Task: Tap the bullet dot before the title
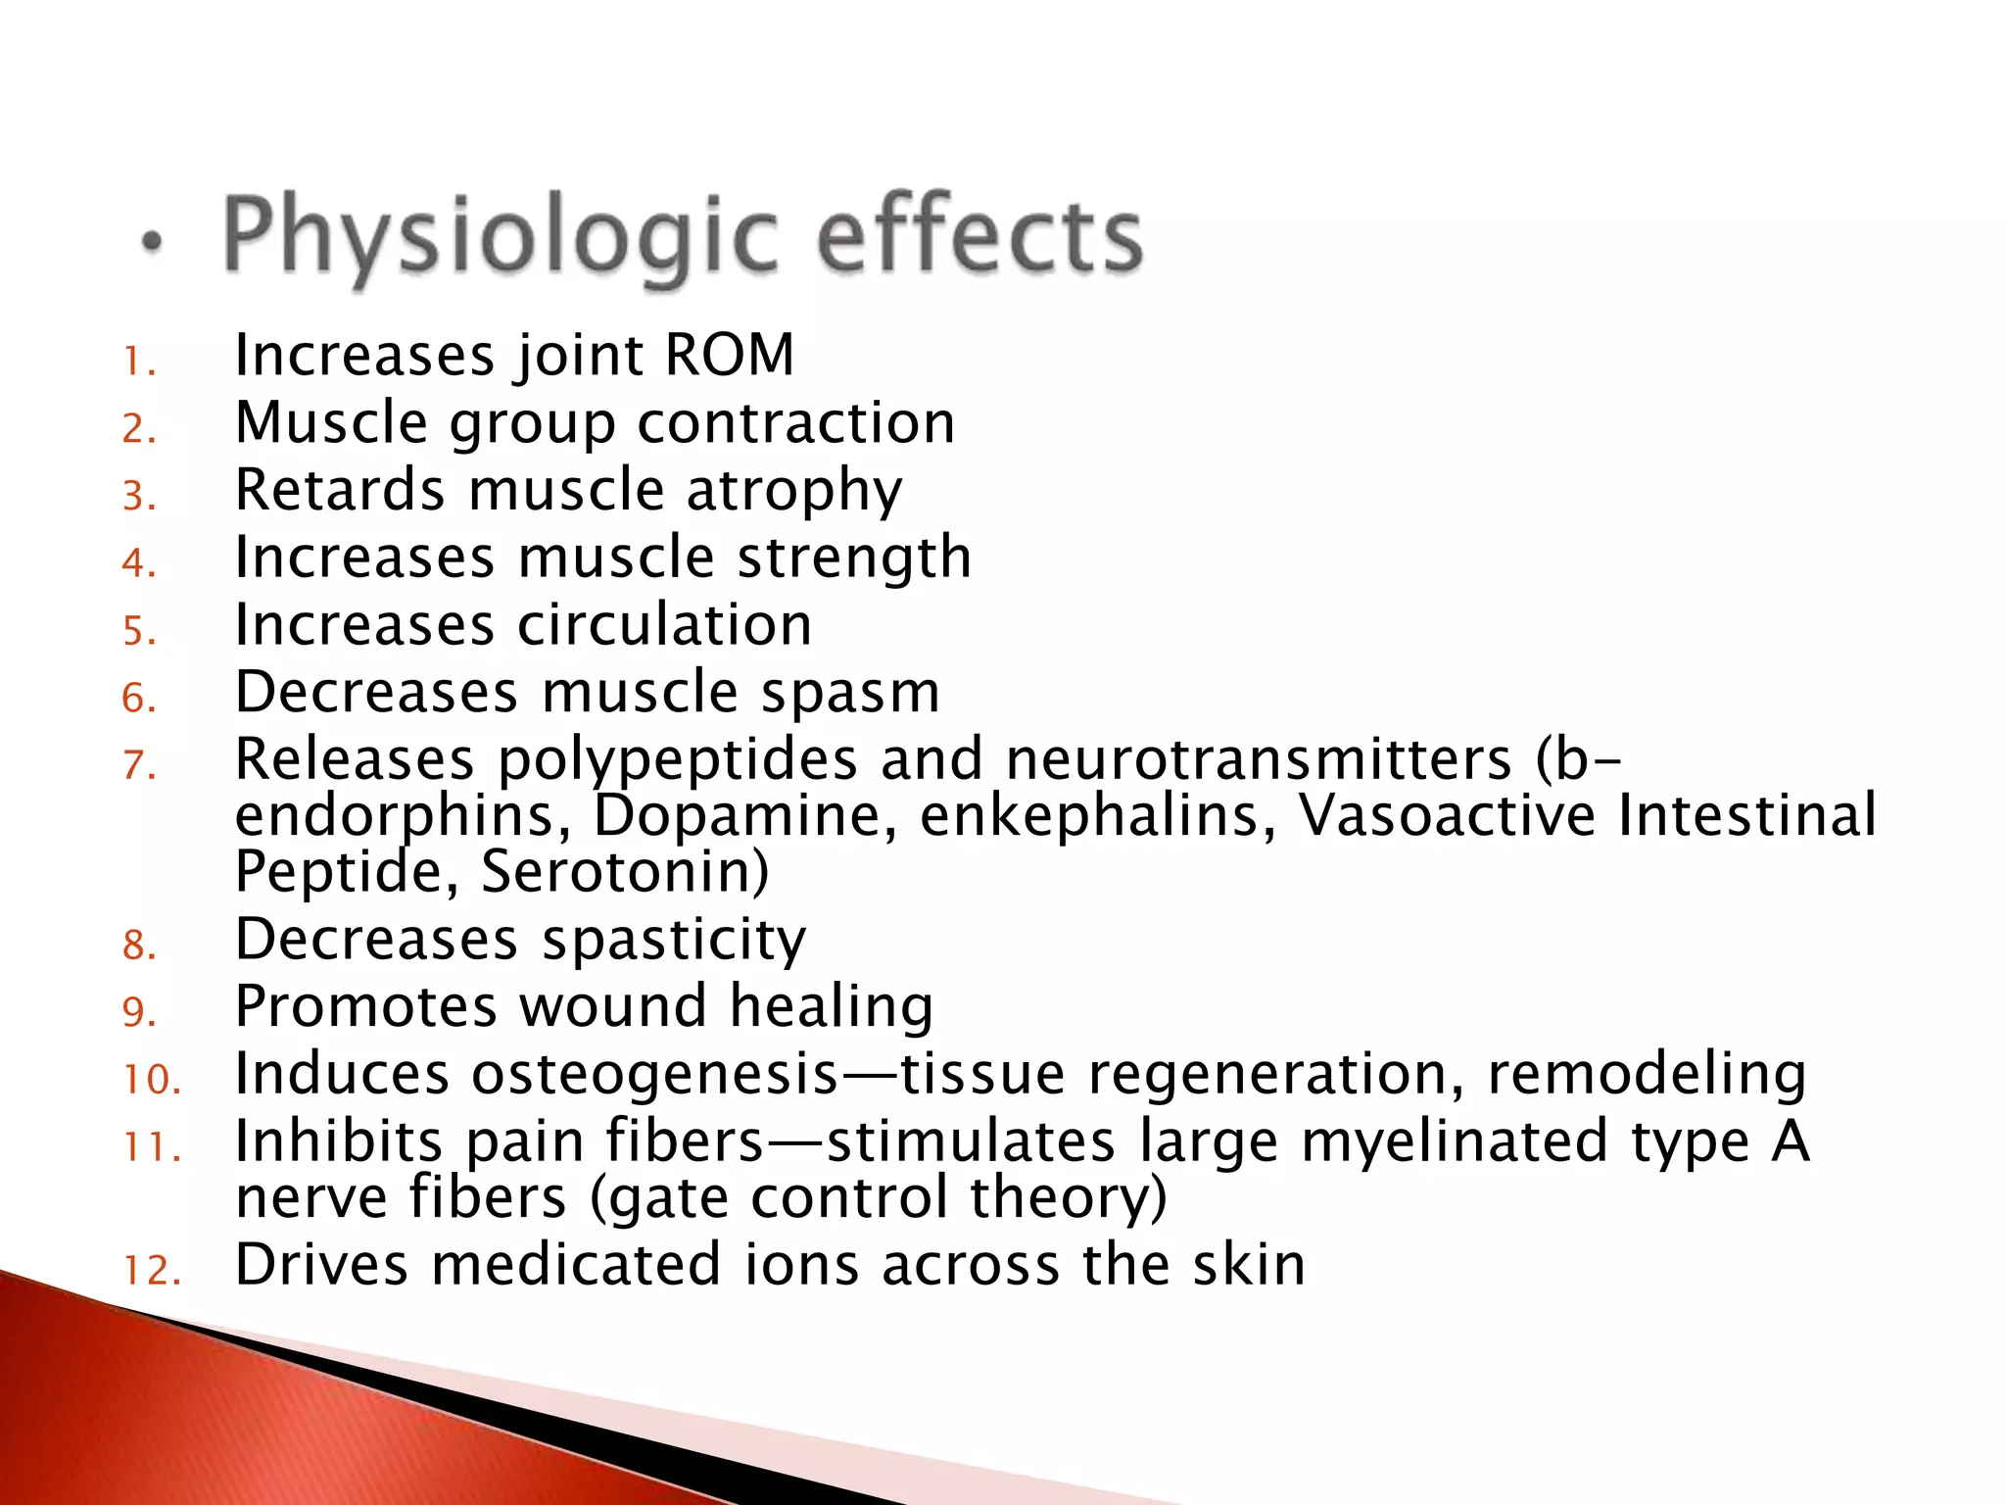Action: pos(152,242)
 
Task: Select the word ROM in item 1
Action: pos(729,355)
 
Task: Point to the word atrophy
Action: pos(793,492)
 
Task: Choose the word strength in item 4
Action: pos(854,558)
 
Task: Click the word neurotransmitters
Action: pos(1259,759)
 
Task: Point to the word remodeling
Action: pos(1647,1074)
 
